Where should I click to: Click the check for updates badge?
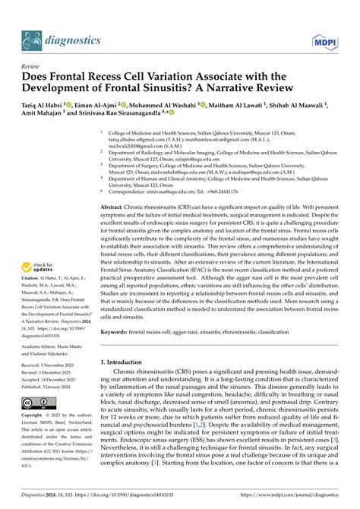click(39, 267)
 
